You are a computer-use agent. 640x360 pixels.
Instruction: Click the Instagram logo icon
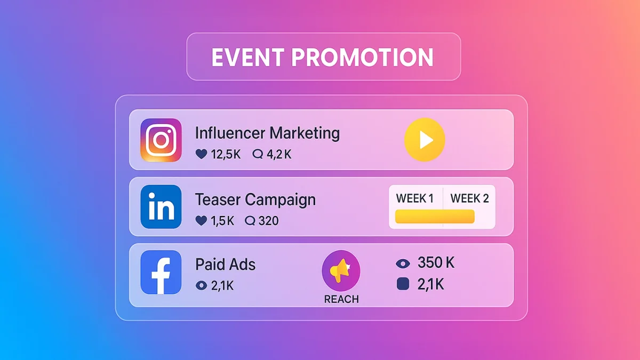coord(161,140)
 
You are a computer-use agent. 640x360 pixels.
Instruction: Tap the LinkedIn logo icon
coord(161,207)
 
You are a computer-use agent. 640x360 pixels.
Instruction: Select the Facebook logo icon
coord(161,272)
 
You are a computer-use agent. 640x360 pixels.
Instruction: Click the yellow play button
coord(425,140)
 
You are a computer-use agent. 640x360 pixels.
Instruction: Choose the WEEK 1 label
coord(415,199)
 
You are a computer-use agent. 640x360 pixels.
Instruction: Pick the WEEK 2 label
coord(469,199)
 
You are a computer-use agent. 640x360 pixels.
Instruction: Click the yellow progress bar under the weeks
coord(435,217)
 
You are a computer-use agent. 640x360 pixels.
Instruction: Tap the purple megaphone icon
coord(341,271)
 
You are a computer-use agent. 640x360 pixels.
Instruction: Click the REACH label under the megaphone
coord(341,299)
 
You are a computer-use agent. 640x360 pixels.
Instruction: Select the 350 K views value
coord(436,262)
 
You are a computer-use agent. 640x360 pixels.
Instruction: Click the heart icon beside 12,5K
coord(201,155)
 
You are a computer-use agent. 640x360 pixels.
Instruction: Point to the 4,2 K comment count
coord(279,155)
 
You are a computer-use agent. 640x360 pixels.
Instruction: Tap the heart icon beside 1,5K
coord(201,221)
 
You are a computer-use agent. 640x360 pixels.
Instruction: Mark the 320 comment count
coord(268,221)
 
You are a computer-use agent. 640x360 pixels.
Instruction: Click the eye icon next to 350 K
coord(403,263)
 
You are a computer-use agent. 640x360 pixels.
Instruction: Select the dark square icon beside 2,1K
coord(403,285)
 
